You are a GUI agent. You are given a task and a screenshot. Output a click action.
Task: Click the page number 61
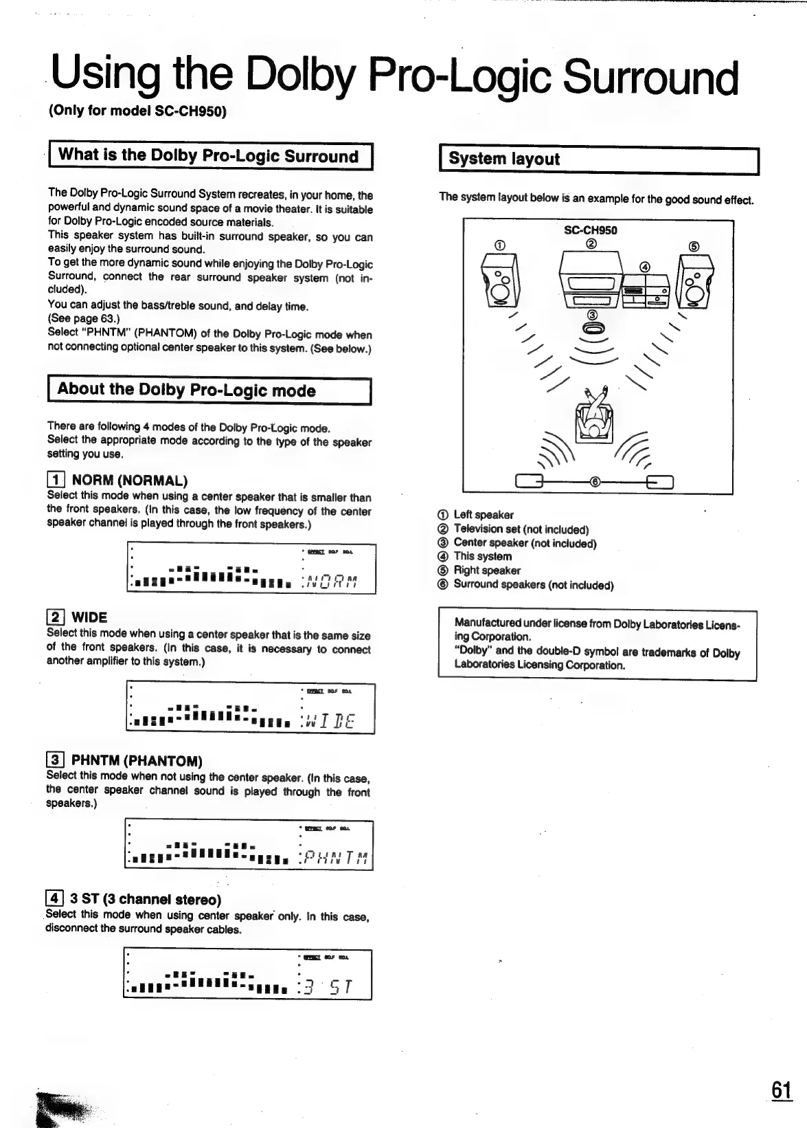pos(781,1090)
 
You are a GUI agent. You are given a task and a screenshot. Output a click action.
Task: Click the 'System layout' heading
pos(504,159)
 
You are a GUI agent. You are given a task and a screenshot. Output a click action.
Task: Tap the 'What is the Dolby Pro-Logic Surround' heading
pos(208,155)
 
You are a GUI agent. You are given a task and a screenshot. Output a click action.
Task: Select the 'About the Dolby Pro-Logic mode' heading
pos(186,390)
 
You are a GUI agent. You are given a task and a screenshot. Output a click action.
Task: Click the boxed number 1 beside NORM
pos(56,480)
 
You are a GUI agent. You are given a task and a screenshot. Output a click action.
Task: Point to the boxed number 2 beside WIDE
pos(56,617)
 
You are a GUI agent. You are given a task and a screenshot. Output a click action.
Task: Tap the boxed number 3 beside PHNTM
pos(55,760)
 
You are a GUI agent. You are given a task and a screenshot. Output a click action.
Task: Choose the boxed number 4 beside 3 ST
pos(54,899)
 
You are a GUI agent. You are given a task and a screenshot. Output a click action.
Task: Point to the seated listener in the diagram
pos(593,417)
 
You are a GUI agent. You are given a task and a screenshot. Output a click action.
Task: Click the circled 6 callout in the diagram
pos(595,482)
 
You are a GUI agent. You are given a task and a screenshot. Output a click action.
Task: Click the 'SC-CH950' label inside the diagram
pos(590,230)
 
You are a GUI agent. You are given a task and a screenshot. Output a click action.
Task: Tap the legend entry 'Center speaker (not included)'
pos(525,543)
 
